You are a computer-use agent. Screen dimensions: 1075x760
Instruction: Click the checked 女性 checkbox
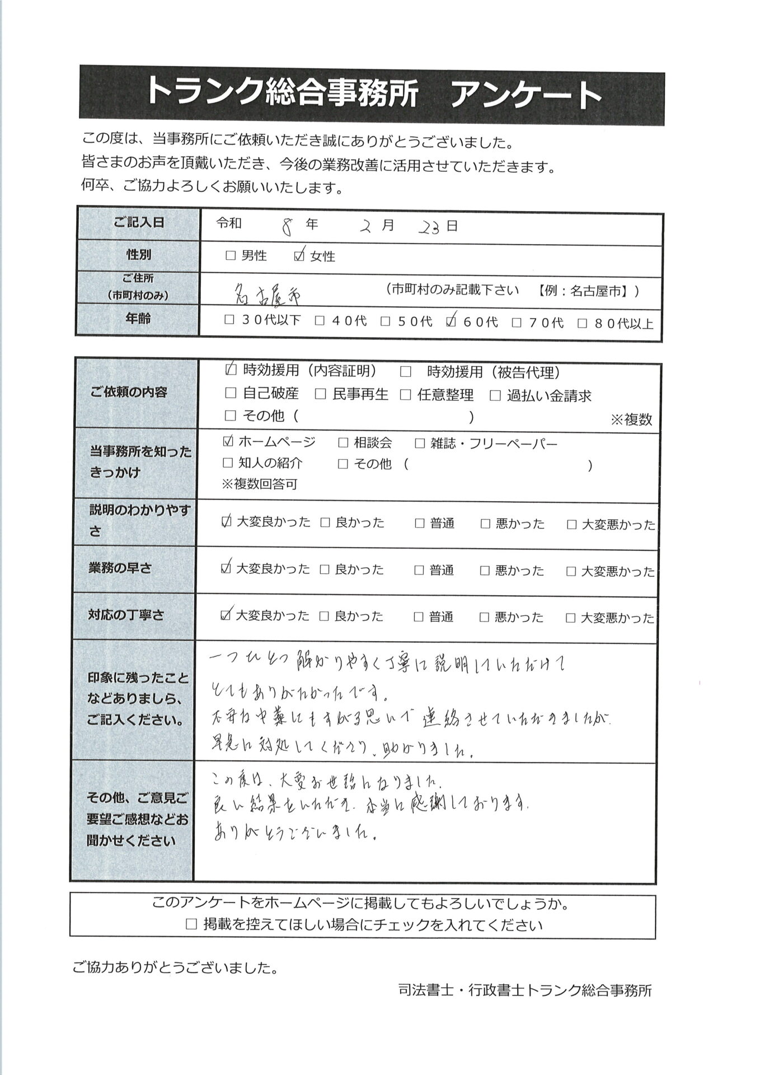299,256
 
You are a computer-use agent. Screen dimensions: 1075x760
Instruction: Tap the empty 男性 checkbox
230,256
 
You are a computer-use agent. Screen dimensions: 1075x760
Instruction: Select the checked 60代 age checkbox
452,321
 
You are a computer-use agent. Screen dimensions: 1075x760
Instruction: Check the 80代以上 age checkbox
583,323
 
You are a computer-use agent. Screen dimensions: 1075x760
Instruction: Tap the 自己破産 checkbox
230,394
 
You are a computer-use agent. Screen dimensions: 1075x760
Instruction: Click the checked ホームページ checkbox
228,442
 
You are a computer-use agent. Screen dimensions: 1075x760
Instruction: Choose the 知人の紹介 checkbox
228,463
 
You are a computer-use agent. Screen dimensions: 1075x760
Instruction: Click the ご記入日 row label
139,223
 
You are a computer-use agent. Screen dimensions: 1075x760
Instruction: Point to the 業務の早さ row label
120,568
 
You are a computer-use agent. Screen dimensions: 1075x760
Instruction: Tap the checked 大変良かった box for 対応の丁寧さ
226,615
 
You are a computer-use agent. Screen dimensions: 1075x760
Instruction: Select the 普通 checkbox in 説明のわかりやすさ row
420,524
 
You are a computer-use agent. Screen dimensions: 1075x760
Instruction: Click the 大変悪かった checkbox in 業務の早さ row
571,571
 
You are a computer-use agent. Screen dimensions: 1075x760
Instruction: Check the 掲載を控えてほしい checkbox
191,924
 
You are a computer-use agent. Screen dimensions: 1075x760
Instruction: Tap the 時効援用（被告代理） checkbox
406,372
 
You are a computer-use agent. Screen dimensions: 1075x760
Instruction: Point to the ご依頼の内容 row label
129,392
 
